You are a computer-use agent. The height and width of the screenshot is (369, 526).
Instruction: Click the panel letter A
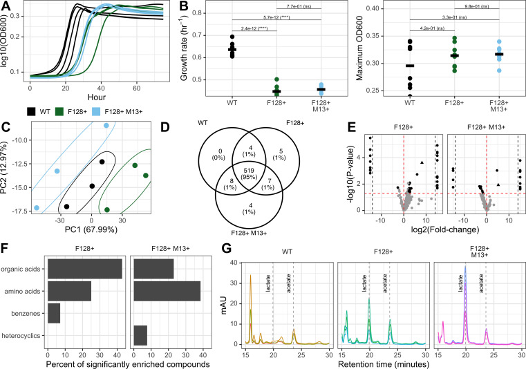tap(6, 6)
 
